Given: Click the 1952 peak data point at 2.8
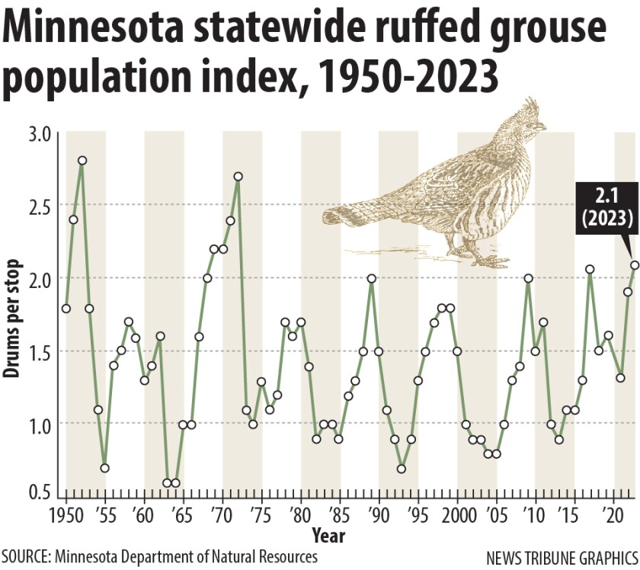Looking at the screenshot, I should click(x=82, y=161).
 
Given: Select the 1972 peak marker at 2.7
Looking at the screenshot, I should click(x=238, y=176).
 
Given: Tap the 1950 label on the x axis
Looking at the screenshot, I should click(x=67, y=514).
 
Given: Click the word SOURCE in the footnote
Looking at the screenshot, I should click(x=26, y=557).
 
